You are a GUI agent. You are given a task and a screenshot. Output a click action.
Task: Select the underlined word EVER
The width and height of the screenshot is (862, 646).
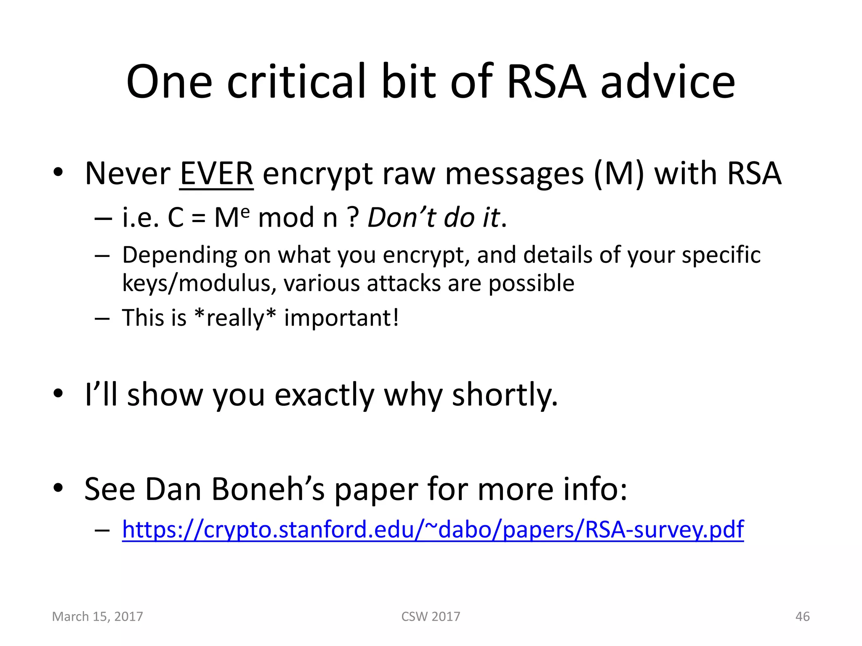click(216, 173)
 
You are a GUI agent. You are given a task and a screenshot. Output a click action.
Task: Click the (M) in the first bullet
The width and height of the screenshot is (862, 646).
click(619, 173)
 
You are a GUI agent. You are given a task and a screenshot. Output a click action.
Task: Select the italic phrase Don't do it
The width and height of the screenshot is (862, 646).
click(434, 218)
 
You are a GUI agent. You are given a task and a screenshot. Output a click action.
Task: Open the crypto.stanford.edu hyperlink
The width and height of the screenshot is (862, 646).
click(433, 529)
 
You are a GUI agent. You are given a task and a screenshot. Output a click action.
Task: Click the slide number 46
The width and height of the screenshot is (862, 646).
click(802, 617)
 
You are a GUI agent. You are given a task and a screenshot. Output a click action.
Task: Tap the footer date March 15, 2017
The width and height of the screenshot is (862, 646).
click(97, 617)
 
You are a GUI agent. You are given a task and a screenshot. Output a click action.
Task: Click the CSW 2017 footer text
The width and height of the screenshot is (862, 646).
click(431, 617)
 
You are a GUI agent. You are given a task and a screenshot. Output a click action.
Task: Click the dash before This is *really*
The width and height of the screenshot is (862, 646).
click(102, 318)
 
